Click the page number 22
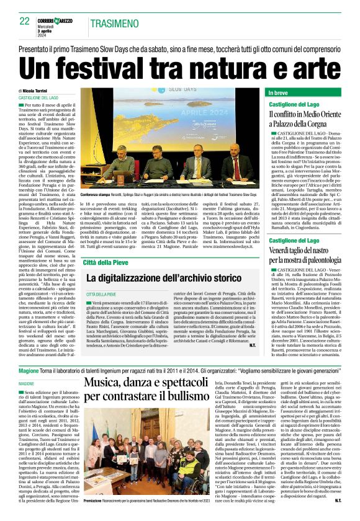point(24,21)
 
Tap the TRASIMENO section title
point(115,24)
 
